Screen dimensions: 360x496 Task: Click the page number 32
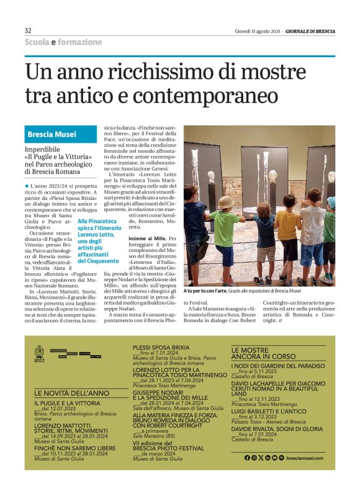coord(28,30)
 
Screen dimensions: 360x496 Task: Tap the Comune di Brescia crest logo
coord(40,353)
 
